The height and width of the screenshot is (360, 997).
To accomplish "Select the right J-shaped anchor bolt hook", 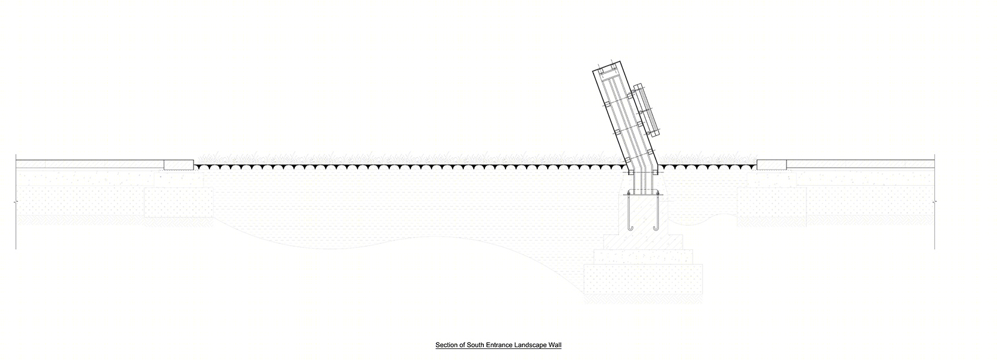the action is click(x=657, y=213).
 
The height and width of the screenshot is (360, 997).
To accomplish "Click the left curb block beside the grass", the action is click(x=178, y=165).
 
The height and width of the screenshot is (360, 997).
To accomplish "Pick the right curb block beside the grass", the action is click(x=771, y=165).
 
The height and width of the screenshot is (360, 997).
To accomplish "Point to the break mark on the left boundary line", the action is click(x=16, y=202).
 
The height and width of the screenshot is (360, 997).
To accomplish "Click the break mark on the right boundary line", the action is click(x=935, y=202).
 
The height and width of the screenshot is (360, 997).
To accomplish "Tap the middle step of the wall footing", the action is click(x=643, y=257).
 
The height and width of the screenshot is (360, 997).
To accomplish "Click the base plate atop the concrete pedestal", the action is click(x=643, y=192).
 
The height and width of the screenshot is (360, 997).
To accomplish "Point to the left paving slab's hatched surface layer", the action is click(x=90, y=164).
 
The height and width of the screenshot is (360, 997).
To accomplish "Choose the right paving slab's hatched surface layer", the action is click(x=860, y=164).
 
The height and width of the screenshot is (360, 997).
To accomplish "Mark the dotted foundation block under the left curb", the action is click(x=178, y=202).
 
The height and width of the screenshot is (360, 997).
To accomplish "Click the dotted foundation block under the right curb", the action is click(x=772, y=202).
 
